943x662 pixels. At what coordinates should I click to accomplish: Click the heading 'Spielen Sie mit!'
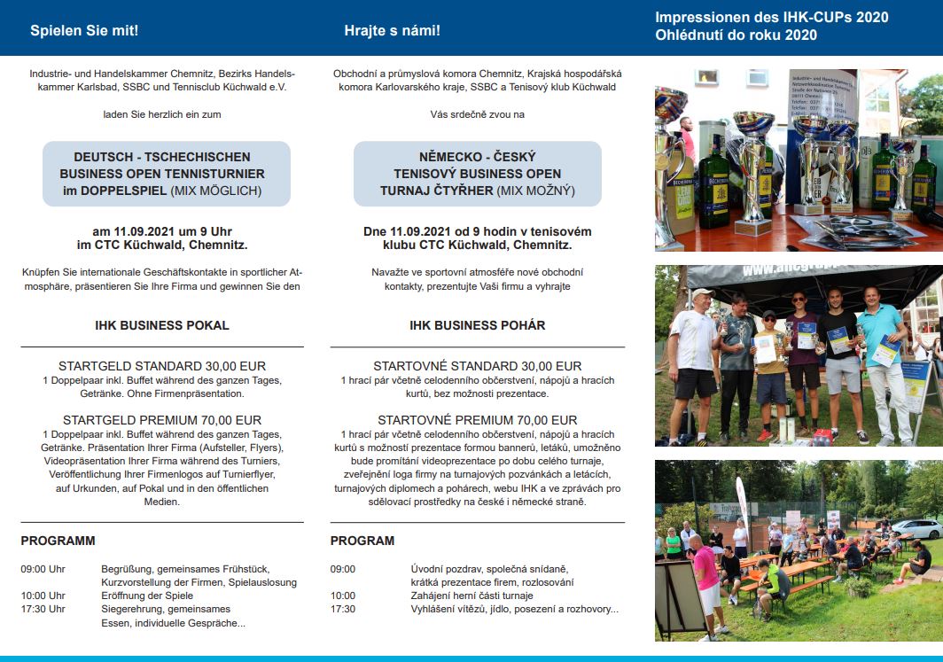[84, 31]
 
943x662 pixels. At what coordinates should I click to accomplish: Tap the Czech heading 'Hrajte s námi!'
[392, 31]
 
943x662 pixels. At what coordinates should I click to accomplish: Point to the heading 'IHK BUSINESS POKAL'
[162, 325]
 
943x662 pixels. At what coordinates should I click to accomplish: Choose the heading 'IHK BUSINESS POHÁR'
[477, 325]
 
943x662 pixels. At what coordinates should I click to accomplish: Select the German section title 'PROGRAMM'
[58, 541]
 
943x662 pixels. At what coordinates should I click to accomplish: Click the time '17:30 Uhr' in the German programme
[43, 610]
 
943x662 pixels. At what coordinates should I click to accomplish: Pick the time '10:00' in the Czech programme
[343, 596]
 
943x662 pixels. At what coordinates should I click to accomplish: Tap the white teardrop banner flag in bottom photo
[742, 505]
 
